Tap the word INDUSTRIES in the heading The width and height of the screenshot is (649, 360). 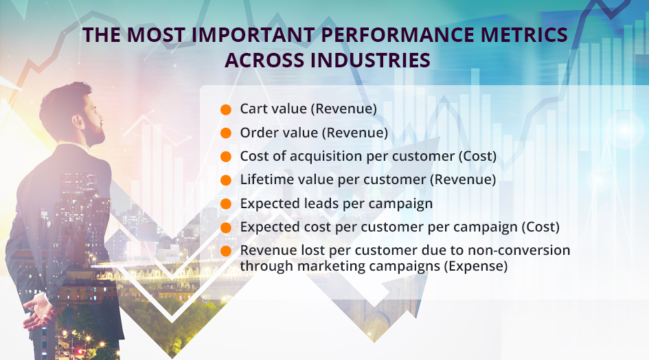[370, 60]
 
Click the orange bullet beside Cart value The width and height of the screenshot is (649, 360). [225, 109]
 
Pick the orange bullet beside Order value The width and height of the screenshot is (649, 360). [225, 133]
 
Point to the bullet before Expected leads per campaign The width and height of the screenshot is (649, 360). [225, 204]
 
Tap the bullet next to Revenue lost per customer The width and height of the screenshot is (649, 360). [225, 251]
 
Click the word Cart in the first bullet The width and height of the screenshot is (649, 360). [253, 109]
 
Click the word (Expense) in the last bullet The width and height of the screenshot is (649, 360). [475, 266]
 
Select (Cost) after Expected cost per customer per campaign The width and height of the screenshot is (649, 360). [540, 227]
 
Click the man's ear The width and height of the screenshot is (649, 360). [78, 122]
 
